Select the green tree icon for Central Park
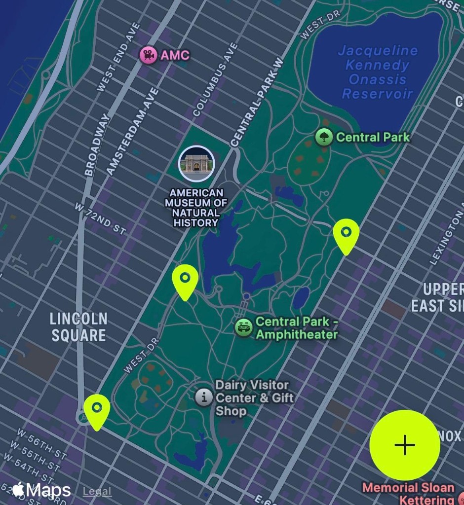[324, 137]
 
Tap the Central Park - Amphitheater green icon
[244, 327]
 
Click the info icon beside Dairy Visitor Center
[203, 397]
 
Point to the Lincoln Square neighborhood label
[78, 327]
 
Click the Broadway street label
[97, 145]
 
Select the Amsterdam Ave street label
[133, 131]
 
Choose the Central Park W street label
[258, 102]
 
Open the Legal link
[97, 491]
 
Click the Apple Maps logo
[41, 490]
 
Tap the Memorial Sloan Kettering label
[409, 493]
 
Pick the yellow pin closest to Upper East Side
[346, 235]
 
